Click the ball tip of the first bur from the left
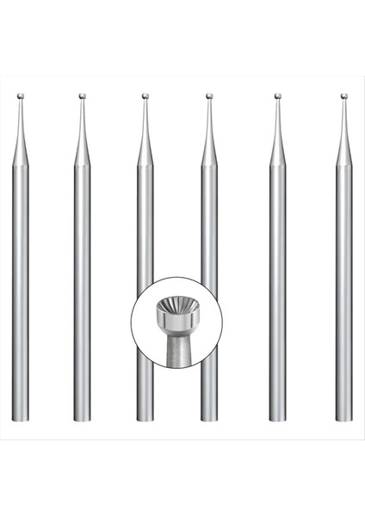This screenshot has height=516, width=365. point(21,96)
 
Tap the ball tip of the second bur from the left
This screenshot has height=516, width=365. point(82,96)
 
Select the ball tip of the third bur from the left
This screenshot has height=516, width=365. point(145,96)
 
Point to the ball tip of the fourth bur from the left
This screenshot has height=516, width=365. point(209,96)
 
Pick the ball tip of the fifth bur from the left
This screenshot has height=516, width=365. point(277,96)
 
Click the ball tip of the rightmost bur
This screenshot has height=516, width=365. point(343,96)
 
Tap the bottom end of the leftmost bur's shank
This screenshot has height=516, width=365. point(21,419)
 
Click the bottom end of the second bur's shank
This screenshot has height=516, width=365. point(82,419)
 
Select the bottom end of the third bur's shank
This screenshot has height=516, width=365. point(145,419)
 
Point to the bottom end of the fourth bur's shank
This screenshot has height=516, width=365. point(209,419)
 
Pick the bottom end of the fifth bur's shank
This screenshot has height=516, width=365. point(277,419)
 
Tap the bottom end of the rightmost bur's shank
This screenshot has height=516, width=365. point(343,419)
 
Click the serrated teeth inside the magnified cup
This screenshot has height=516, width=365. point(176,307)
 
